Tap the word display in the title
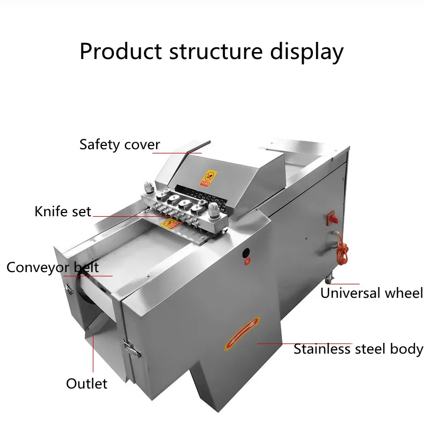pyautogui.click(x=306, y=52)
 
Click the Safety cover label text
pyautogui.click(x=119, y=145)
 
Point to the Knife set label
pyautogui.click(x=63, y=211)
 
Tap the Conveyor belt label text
pyautogui.click(x=53, y=267)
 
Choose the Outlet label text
pyautogui.click(x=86, y=384)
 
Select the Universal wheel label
pyautogui.click(x=371, y=293)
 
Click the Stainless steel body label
pyautogui.click(x=358, y=349)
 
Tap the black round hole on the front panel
pyautogui.click(x=246, y=252)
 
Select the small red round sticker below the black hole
pyautogui.click(x=247, y=262)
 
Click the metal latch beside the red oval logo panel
pyautogui.click(x=131, y=349)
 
